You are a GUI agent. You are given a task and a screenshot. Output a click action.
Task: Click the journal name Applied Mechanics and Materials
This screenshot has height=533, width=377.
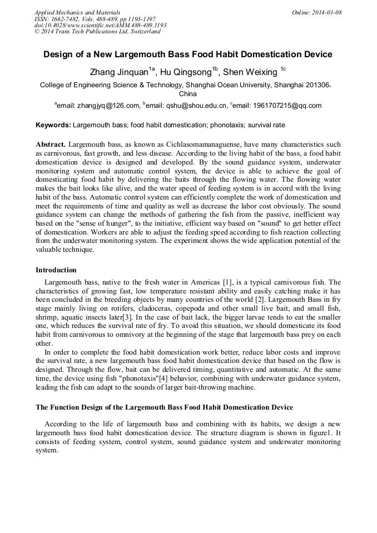(77, 12)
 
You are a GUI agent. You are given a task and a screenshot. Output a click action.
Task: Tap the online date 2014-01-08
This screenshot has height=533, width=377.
(325, 12)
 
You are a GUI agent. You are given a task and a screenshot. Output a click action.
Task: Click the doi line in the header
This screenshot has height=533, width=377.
(100, 26)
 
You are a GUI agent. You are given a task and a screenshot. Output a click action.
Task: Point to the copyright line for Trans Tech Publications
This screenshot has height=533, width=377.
(97, 32)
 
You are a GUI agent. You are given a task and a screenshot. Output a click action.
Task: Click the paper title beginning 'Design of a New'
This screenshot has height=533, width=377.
(188, 54)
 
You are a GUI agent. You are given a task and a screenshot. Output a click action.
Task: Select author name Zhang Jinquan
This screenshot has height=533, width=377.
(119, 72)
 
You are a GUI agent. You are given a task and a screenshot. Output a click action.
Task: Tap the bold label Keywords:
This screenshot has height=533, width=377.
(53, 126)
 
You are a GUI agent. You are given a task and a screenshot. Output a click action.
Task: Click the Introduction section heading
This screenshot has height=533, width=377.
(56, 270)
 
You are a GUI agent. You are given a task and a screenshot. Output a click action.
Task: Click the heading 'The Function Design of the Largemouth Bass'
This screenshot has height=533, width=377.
(164, 407)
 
